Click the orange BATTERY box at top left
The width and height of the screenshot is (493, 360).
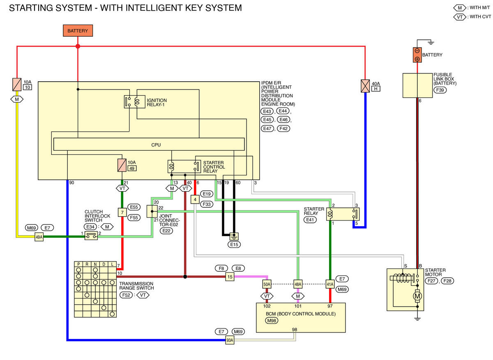[78, 30]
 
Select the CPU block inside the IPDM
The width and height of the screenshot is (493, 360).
[149, 144]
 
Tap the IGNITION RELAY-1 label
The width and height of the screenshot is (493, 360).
[157, 103]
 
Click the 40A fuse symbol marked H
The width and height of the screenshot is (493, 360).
[365, 86]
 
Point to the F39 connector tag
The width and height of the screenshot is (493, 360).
[440, 90]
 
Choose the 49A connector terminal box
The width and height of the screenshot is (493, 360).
[39, 237]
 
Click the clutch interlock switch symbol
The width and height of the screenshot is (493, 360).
[91, 236]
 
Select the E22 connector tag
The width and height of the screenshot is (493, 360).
[166, 231]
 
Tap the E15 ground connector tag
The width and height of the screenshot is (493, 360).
[234, 244]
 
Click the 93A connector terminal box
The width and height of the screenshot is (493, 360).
[230, 340]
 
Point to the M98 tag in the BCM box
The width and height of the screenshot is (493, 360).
[272, 321]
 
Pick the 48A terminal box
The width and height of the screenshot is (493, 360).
[298, 284]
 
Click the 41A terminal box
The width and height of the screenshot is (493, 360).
[330, 284]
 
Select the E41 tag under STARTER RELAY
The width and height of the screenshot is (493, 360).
[310, 220]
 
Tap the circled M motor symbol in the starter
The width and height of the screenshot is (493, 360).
[417, 296]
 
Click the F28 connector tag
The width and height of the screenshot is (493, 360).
[447, 281]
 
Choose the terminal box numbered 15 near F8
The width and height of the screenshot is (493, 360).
[230, 277]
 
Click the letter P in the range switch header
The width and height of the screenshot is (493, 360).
[78, 264]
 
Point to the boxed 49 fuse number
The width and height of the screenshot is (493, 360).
[132, 168]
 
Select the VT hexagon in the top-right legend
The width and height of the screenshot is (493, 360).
[460, 17]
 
